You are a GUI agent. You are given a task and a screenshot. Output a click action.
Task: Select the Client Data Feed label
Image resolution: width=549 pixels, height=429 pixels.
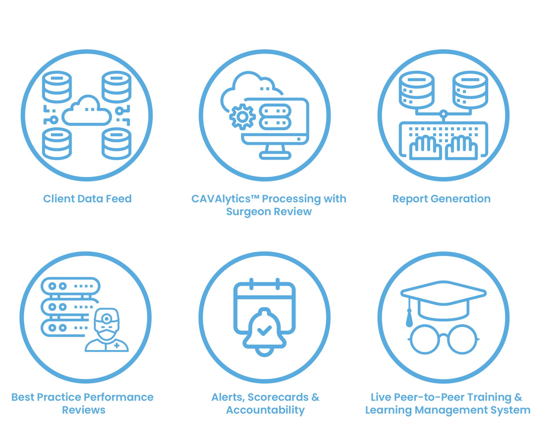87,199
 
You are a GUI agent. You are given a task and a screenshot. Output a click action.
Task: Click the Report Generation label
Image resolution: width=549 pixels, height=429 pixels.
441,199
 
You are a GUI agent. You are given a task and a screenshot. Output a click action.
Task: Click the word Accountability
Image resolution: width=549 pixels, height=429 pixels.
265,410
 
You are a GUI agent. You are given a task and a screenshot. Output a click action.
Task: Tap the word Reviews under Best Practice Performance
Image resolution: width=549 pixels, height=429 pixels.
84,410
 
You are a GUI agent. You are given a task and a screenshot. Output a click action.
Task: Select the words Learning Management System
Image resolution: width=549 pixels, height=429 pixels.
448,410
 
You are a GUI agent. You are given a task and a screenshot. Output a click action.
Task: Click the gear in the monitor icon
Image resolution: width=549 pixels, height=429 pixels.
242,117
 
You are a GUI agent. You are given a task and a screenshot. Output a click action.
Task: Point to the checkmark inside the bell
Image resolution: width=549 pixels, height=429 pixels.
264,330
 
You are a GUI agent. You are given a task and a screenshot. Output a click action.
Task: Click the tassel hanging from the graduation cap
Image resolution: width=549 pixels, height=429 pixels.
409,317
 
